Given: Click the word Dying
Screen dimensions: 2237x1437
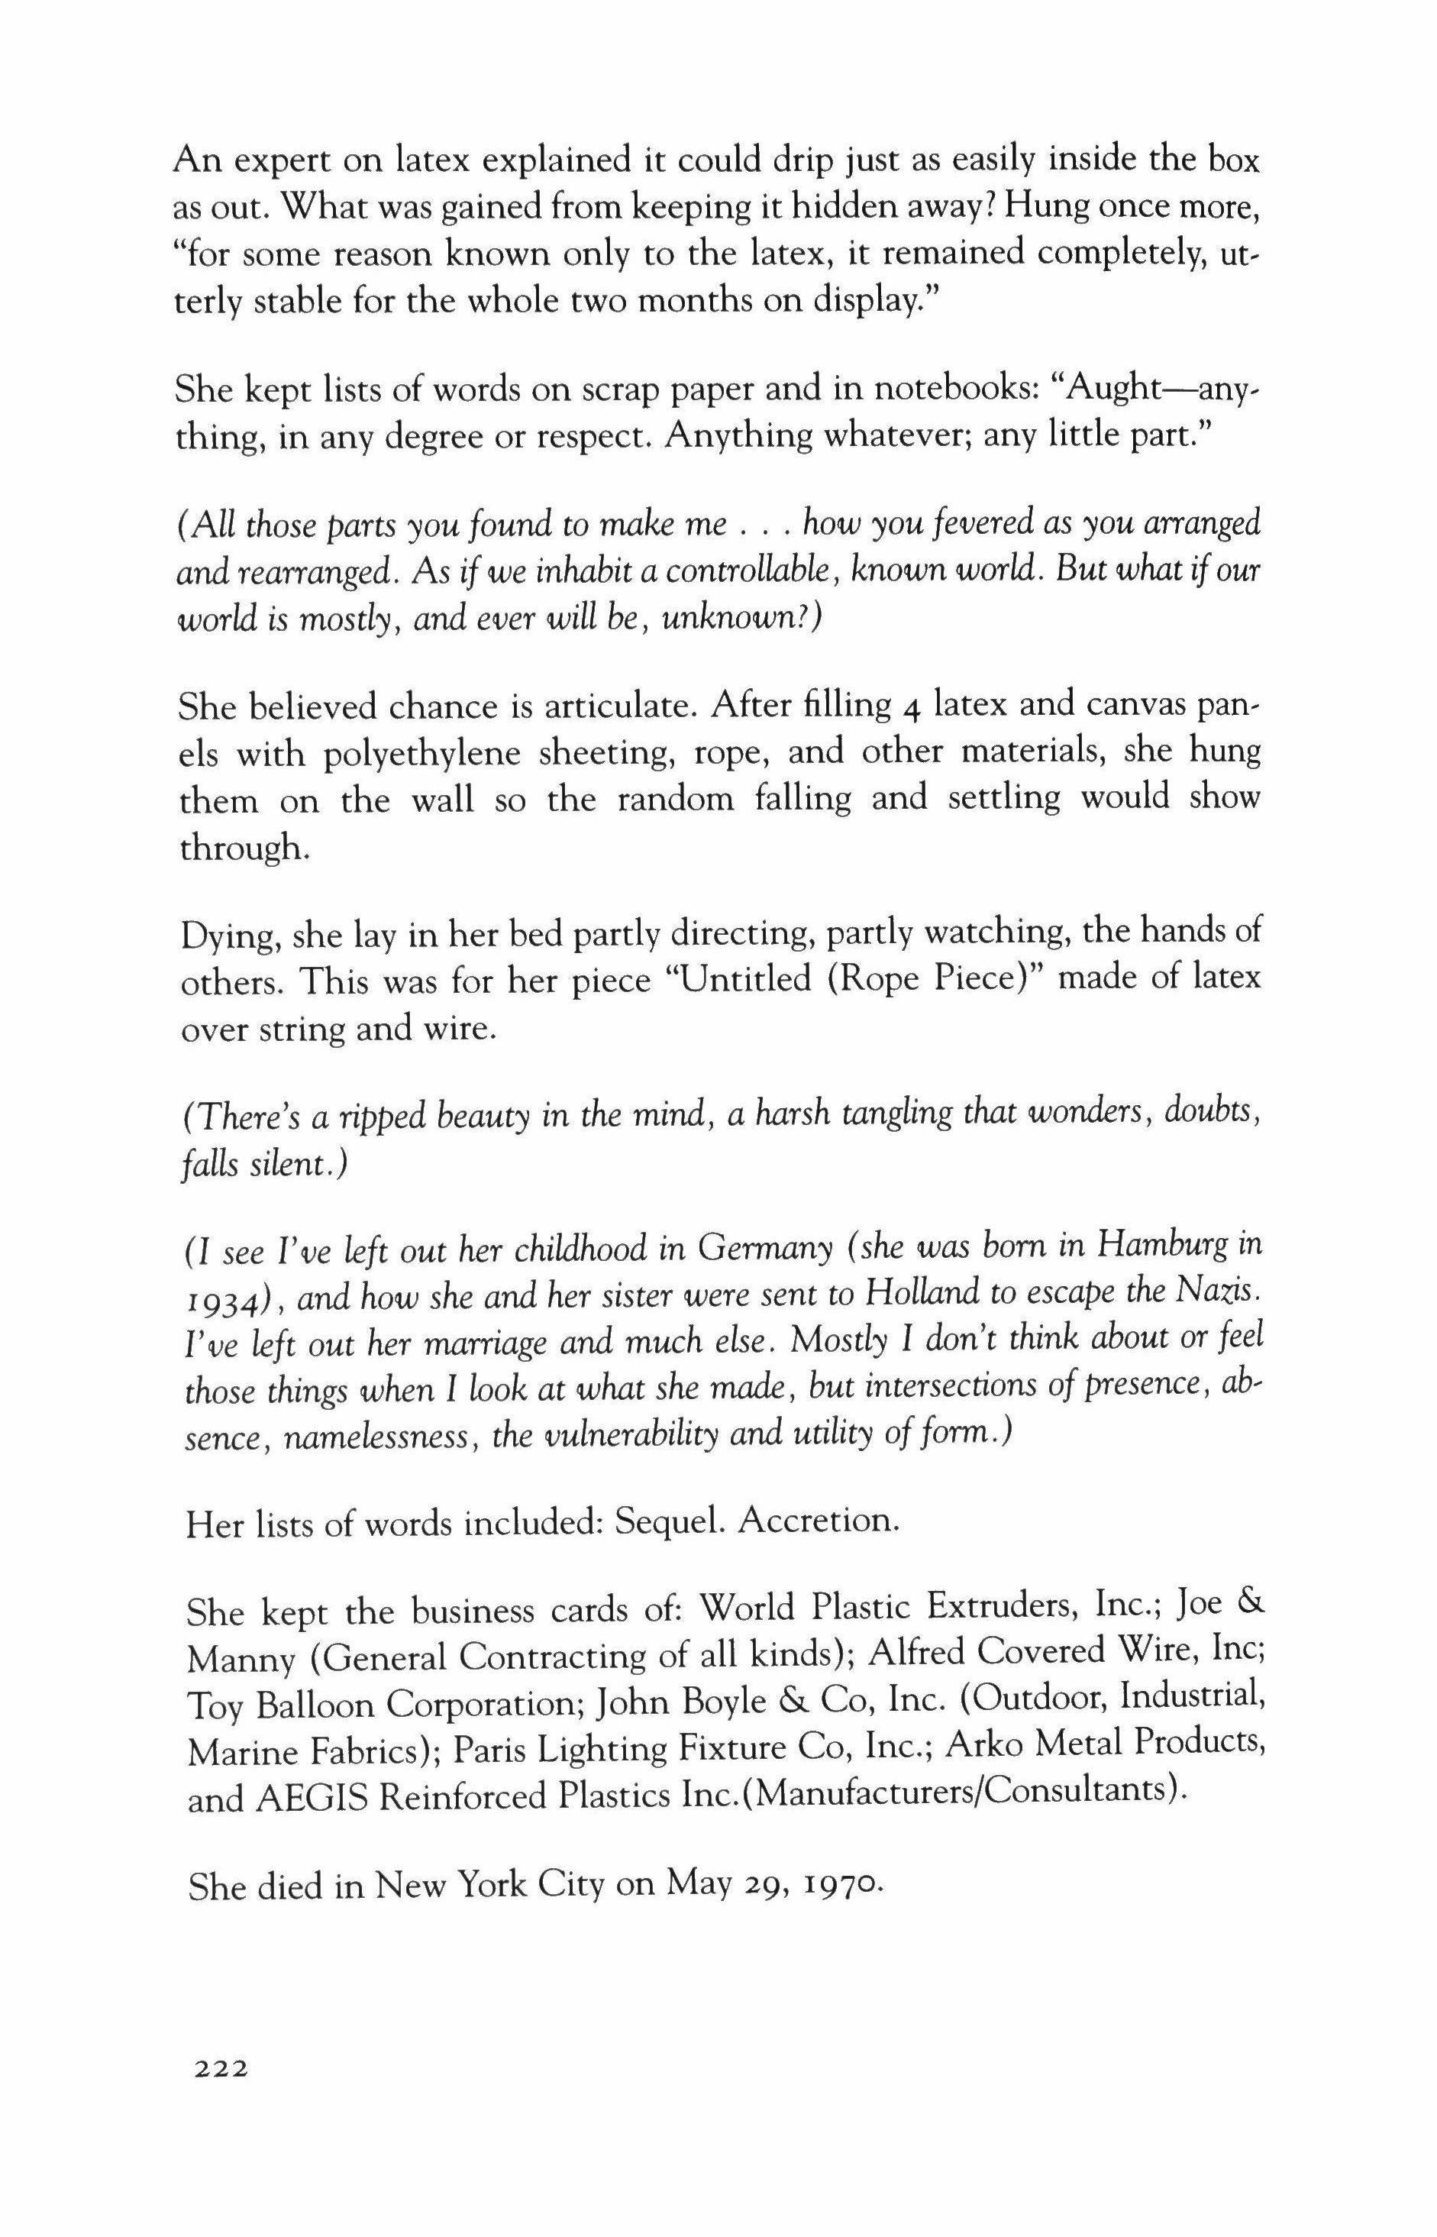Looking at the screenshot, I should click(x=231, y=934).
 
